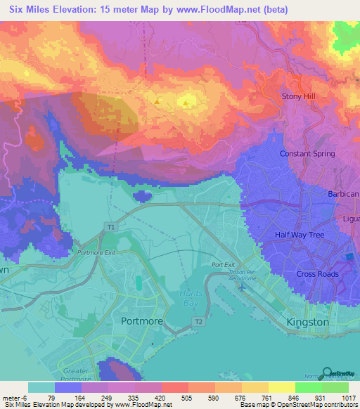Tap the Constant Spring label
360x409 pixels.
pyautogui.click(x=308, y=153)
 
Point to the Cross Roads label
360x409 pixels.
pyautogui.click(x=317, y=274)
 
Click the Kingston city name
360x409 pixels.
pyautogui.click(x=308, y=322)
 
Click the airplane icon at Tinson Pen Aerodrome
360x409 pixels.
pyautogui.click(x=243, y=287)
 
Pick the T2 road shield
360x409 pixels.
pyautogui.click(x=198, y=321)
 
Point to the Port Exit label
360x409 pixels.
pyautogui.click(x=223, y=266)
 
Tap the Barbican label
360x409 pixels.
pyautogui.click(x=343, y=193)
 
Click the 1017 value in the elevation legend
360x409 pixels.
pyautogui.click(x=349, y=398)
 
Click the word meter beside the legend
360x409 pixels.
pyautogui.click(x=12, y=398)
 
